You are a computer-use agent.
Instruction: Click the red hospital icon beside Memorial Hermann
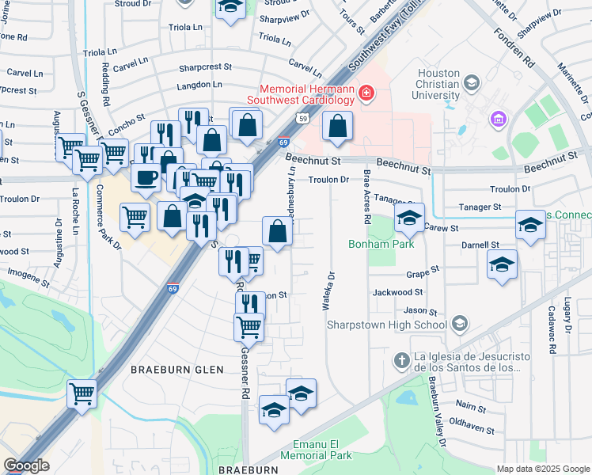(366, 94)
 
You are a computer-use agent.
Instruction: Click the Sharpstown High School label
(408, 324)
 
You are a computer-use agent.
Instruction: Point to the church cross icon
(401, 361)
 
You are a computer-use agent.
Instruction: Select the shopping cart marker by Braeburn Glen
(82, 393)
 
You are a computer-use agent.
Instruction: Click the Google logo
(26, 465)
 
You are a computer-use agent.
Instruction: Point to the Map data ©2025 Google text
(542, 469)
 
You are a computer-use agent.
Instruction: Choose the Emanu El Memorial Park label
(321, 450)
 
